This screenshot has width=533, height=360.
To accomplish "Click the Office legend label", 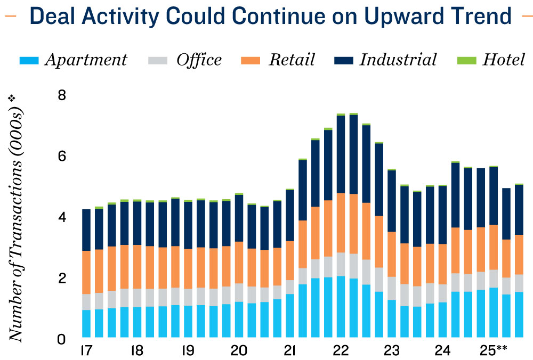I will (199, 59).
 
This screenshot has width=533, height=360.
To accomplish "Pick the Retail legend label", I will (292, 59).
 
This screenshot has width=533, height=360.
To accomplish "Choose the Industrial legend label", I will (398, 59).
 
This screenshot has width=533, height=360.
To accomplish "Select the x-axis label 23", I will (392, 351).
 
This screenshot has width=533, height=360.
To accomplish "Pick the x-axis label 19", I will (188, 351).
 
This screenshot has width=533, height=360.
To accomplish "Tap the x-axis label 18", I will (136, 351).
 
